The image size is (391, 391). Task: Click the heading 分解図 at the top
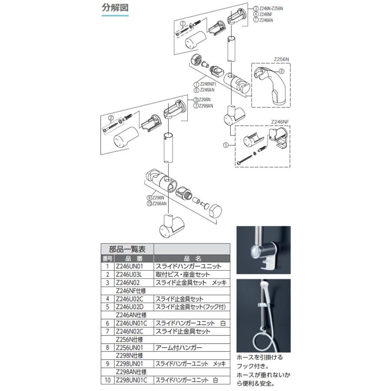(115, 8)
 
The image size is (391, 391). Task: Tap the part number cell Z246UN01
(132, 266)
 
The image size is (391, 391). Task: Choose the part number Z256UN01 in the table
(132, 348)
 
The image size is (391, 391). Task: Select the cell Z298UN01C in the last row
(133, 380)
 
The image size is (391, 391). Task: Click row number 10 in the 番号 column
(107, 380)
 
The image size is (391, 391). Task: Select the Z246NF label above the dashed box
(280, 123)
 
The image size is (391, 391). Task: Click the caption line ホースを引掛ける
(259, 357)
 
